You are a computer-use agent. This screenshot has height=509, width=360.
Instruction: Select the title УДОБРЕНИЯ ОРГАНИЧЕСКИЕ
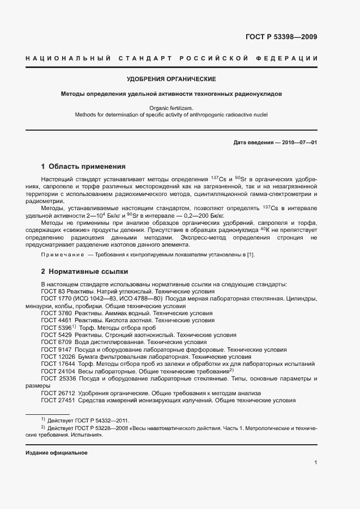(x=171, y=79)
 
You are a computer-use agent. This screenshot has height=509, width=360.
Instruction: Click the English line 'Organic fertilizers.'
(x=171, y=108)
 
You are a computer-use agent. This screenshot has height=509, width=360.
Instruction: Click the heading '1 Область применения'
(x=83, y=167)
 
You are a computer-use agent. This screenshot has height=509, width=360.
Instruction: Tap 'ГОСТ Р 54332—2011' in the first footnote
(x=102, y=420)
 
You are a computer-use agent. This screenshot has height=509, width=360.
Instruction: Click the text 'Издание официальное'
(x=57, y=453)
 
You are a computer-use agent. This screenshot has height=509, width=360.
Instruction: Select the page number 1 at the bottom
(x=315, y=463)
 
